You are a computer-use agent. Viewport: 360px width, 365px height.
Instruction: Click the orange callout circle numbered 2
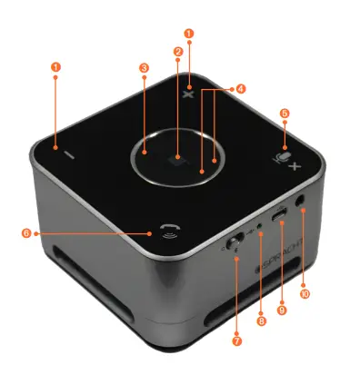[x=177, y=52]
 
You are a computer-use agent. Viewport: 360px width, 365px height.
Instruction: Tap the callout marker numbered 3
[x=144, y=67]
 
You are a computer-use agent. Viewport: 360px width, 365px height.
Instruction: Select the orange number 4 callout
[x=240, y=89]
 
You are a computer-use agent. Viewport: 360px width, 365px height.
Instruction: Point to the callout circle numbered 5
[x=285, y=114]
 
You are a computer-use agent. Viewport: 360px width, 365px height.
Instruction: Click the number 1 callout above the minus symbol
[x=55, y=67]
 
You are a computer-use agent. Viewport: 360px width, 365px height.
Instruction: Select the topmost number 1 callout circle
[x=189, y=33]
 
